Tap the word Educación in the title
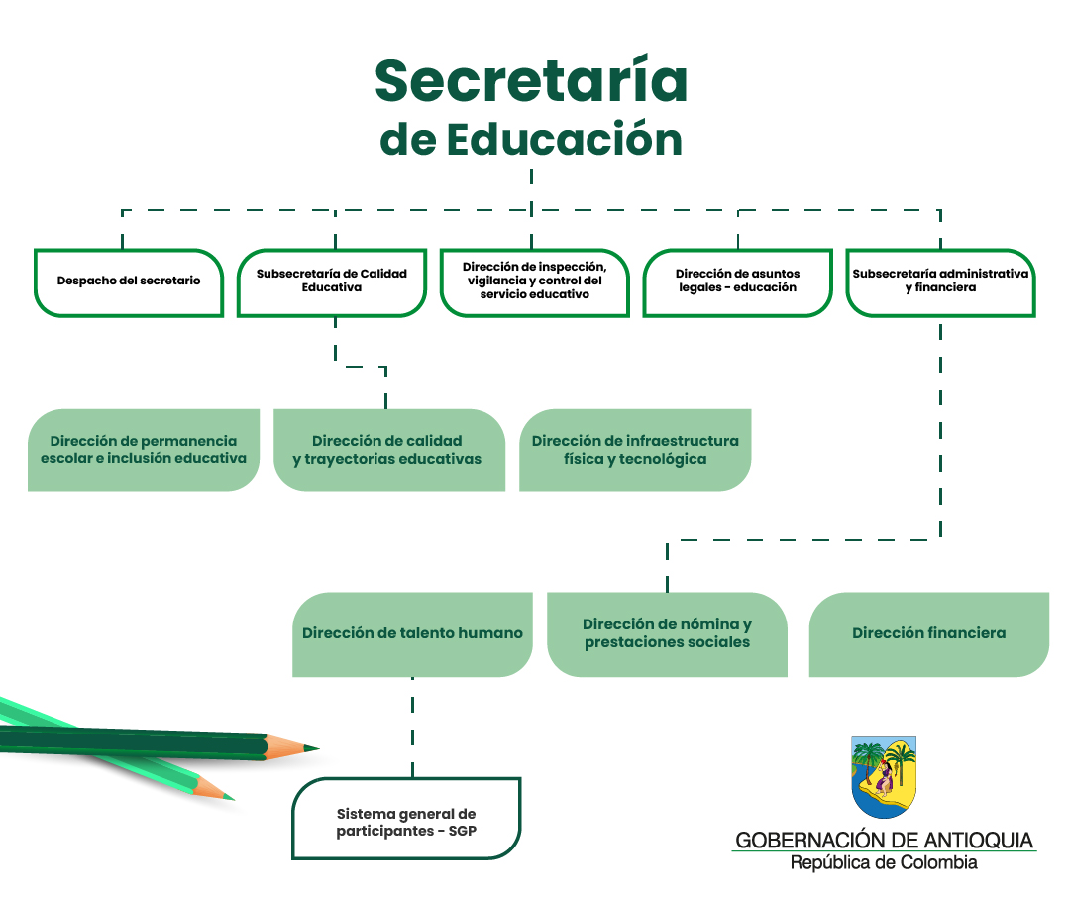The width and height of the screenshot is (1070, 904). pyautogui.click(x=565, y=139)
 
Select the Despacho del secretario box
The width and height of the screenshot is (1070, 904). pyautogui.click(x=129, y=282)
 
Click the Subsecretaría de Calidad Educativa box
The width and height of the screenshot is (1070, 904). pyautogui.click(x=332, y=282)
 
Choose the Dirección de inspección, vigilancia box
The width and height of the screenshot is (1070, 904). pyautogui.click(x=534, y=282)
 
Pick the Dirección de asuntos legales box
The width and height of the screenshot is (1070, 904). pyautogui.click(x=738, y=282)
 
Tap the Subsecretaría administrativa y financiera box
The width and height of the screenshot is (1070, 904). pyautogui.click(x=940, y=282)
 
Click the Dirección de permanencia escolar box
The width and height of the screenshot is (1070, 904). pyautogui.click(x=144, y=450)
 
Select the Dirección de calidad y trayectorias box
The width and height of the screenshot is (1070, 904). pyautogui.click(x=389, y=450)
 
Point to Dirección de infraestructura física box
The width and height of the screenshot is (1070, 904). pyautogui.click(x=635, y=450)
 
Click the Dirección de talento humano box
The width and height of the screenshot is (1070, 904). pyautogui.click(x=412, y=634)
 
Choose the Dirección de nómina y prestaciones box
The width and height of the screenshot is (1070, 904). pyautogui.click(x=668, y=634)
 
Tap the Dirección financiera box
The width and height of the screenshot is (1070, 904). pyautogui.click(x=928, y=634)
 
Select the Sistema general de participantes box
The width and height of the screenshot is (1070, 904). pyautogui.click(x=406, y=818)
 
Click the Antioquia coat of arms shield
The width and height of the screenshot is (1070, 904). pyautogui.click(x=884, y=777)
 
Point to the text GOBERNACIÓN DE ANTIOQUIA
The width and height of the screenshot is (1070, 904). pyautogui.click(x=884, y=840)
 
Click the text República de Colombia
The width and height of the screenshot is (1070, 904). pyautogui.click(x=884, y=862)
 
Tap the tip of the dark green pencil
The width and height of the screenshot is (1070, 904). pyautogui.click(x=318, y=748)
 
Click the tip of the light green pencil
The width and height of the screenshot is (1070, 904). pyautogui.click(x=233, y=798)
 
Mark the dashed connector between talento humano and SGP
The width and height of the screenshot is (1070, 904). pyautogui.click(x=413, y=728)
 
